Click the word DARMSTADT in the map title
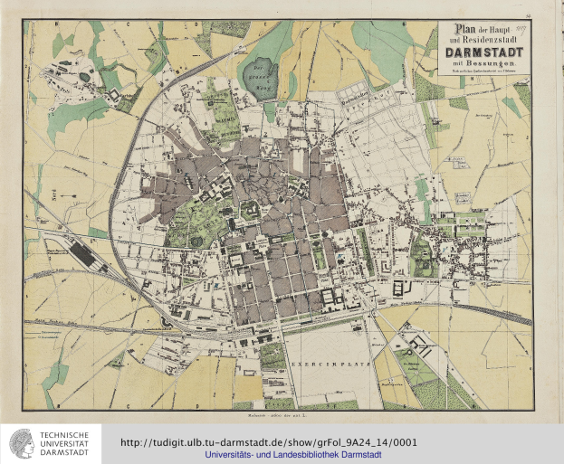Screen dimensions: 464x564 coord(478,52)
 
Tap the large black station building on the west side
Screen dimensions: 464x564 coord(83,254)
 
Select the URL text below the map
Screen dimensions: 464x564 coord(268,442)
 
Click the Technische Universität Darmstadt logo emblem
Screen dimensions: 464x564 coord(20,443)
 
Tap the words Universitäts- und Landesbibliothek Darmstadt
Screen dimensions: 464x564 coord(292,455)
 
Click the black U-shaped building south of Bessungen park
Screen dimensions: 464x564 coord(399,289)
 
